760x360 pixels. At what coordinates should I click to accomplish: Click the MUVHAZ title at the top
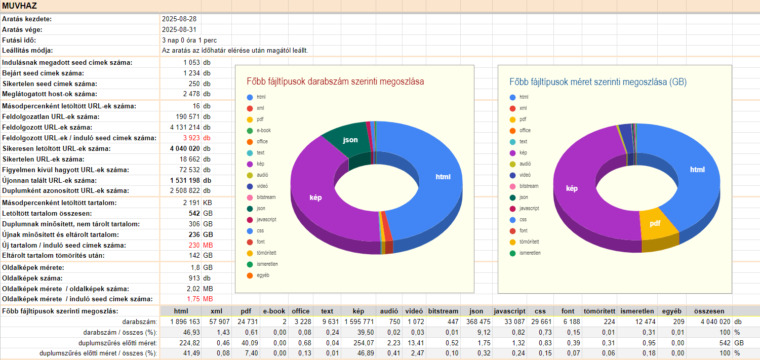[19, 6]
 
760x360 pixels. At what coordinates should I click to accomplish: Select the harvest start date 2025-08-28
[179, 19]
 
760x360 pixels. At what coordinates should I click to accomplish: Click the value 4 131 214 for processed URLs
[185, 127]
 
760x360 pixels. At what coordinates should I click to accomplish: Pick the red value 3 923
[192, 138]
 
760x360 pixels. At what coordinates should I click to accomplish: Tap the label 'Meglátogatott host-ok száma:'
[50, 94]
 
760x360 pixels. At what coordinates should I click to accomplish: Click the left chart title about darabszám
[335, 82]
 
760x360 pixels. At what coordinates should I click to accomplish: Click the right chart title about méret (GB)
[598, 82]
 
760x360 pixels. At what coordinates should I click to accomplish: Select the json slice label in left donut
[350, 140]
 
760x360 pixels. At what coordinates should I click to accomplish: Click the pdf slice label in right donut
[655, 223]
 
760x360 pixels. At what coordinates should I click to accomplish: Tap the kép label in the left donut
[315, 197]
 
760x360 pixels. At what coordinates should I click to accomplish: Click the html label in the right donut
[697, 170]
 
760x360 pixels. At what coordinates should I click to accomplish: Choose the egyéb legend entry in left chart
[262, 275]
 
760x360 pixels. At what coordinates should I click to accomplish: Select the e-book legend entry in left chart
[263, 130]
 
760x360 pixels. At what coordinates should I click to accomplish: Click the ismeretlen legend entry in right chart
[530, 253]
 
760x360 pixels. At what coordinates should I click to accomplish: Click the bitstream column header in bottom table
[443, 311]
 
